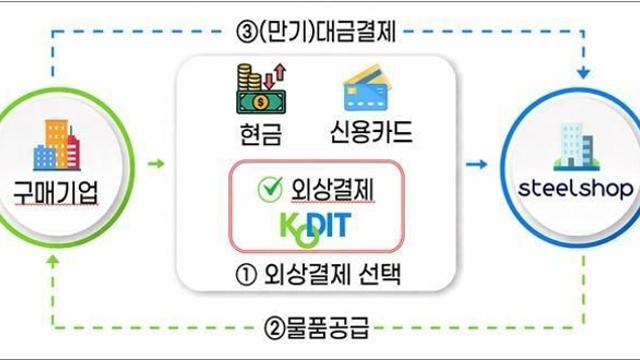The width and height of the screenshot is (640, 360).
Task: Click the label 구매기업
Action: [x=56, y=192]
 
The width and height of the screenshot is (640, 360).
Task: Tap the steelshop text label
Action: [x=576, y=188]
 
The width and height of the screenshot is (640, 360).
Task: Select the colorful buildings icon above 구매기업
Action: [x=56, y=145]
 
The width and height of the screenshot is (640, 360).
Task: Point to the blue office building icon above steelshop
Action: [x=576, y=147]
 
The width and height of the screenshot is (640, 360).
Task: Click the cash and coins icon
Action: [x=262, y=89]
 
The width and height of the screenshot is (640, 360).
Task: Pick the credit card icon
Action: [x=366, y=88]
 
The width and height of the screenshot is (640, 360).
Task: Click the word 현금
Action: [x=261, y=133]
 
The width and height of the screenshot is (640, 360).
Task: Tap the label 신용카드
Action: [x=371, y=131]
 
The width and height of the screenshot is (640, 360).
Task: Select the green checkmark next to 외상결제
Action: [x=270, y=189]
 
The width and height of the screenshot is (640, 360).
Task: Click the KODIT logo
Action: [x=315, y=229]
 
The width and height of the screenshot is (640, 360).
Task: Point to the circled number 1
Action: [x=246, y=275]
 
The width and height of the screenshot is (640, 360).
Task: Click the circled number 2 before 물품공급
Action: [x=274, y=328]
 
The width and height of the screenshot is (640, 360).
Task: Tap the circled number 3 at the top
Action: [x=247, y=32]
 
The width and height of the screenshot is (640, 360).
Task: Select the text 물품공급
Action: [x=328, y=328]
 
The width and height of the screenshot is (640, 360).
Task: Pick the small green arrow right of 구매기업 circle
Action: [x=156, y=164]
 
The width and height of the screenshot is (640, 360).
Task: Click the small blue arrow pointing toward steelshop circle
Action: [x=477, y=164]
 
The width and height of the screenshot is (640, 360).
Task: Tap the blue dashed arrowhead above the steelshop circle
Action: [x=583, y=73]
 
